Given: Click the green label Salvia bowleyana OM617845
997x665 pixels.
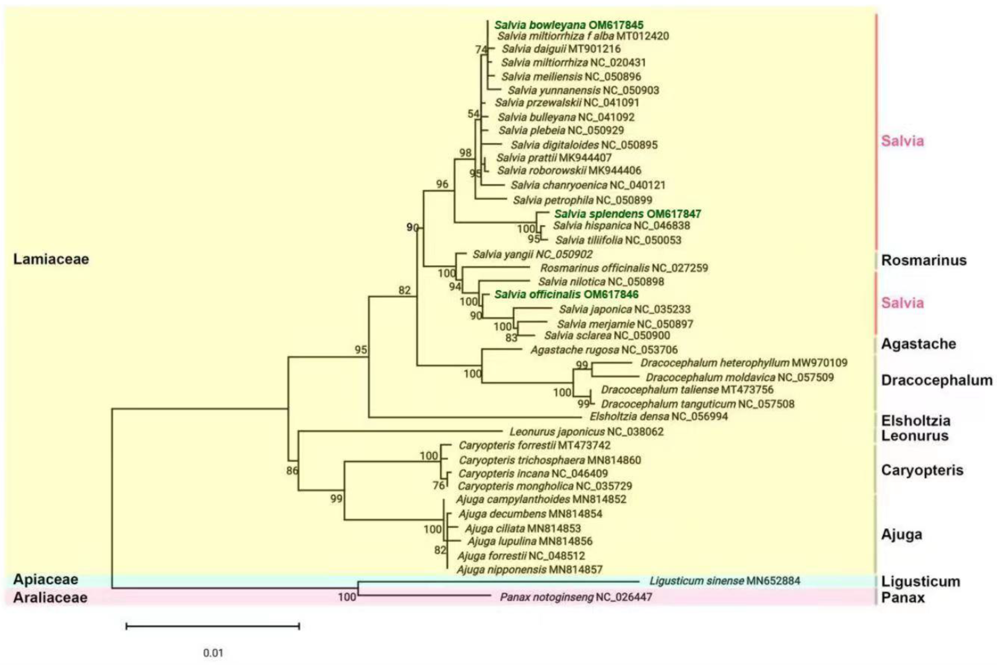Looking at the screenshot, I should coord(569,25).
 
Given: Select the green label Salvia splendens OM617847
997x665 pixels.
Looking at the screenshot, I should coord(627,214).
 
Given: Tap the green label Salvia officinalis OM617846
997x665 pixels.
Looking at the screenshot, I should coord(566,294).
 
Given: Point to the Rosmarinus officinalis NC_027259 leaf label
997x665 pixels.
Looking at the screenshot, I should coord(623,268).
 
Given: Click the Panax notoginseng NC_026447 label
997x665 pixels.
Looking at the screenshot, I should coord(576,597).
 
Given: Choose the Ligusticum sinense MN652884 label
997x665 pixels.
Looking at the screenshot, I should coord(724,581).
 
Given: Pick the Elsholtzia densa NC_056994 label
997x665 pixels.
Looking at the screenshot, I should coord(658,416).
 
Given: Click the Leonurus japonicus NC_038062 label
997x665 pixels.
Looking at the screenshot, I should coord(586,432).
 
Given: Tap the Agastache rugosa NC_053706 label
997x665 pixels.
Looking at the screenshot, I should coord(604,350).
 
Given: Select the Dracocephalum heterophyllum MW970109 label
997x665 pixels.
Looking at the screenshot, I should coord(744,363).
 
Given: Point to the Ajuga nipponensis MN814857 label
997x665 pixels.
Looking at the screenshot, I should coord(529,570).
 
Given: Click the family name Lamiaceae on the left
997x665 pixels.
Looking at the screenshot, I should coord(51,259).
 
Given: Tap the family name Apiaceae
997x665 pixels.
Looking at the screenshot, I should coord(46,579).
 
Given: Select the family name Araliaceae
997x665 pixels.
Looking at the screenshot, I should coord(50,598).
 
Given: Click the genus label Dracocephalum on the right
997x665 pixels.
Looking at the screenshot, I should coord(936,380).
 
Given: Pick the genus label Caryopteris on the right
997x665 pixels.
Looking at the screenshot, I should coord(922,470).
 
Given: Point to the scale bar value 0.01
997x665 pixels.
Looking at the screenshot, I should coord(213,653).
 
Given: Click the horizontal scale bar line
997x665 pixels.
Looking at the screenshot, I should coord(213,626).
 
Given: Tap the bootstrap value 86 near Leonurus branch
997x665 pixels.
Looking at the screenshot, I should coord(292,470).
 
